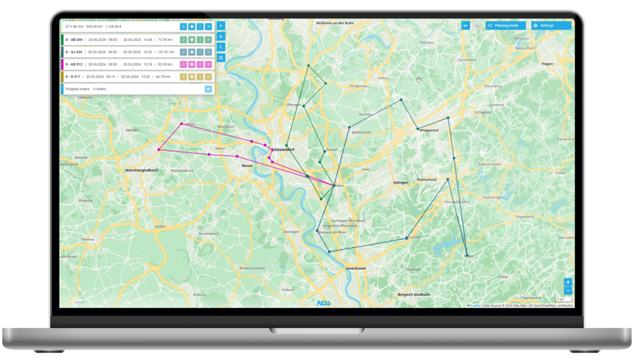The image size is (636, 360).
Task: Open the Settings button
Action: click(551, 25)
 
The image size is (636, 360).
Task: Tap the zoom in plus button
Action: click(568, 282)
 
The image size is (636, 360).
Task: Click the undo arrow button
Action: click(465, 25)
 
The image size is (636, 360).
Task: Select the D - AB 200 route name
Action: click(73, 39)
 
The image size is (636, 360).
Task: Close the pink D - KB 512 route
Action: click(209, 64)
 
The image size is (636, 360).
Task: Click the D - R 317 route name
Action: click(73, 76)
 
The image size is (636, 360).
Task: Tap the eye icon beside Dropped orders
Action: click(208, 89)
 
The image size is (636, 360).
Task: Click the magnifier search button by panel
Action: click(220, 47)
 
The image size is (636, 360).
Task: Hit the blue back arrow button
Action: click(220, 25)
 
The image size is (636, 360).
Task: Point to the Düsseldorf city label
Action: click(284, 150)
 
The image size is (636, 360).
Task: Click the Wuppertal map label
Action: click(428, 131)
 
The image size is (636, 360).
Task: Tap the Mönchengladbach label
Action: click(142, 170)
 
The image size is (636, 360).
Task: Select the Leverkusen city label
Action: click(356, 269)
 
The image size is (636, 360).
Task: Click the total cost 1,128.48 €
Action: click(117, 27)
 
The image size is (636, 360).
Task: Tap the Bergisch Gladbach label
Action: click(414, 295)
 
